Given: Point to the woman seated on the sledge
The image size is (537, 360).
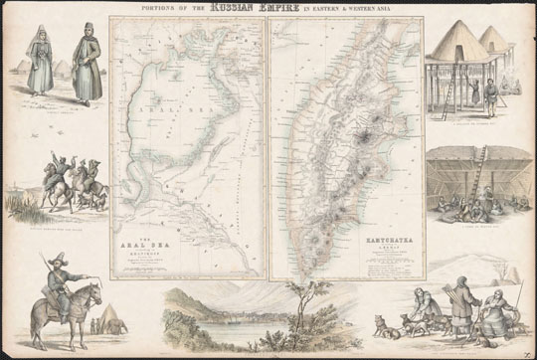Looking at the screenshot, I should [x=419, y=303].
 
